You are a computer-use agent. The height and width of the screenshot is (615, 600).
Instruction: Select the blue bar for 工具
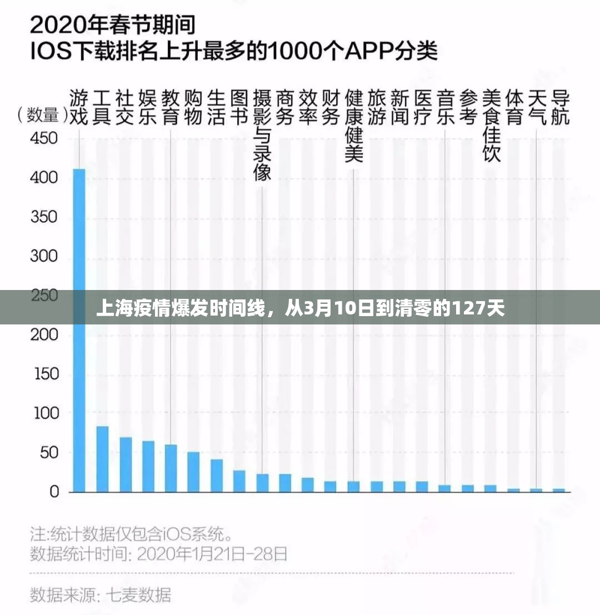point(102,459)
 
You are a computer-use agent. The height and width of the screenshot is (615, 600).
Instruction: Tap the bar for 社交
point(126,464)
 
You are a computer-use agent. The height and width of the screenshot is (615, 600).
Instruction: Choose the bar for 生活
point(217,476)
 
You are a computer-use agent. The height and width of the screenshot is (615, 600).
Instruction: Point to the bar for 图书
point(239,481)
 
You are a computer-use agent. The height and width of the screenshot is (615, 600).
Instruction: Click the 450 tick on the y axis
point(44,138)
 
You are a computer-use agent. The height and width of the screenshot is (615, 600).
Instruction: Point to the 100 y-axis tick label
point(44,413)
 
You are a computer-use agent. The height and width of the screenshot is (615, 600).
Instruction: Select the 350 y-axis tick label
point(44,217)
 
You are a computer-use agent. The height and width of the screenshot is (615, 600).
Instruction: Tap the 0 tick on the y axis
point(53,492)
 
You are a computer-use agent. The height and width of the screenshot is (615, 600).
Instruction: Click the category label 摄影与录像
point(262,136)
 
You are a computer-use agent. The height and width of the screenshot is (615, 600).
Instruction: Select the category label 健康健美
point(354,126)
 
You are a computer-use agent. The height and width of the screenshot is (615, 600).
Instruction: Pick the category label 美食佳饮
point(491,126)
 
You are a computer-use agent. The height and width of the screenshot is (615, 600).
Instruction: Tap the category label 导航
point(559,108)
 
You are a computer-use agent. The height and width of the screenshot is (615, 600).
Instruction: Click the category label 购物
point(193,108)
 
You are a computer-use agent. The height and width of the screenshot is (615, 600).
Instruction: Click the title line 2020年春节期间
point(114,26)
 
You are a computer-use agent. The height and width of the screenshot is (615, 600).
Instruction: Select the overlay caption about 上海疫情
point(300,307)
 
